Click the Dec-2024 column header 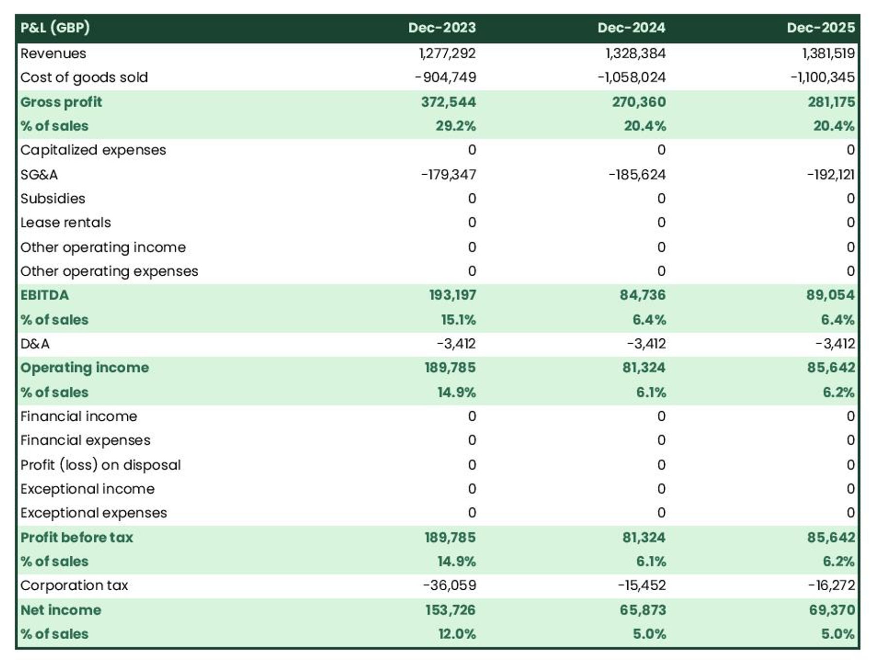click(631, 28)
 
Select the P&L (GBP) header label click(55, 28)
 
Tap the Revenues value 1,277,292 click(447, 53)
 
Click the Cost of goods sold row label click(84, 78)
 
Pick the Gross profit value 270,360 click(639, 102)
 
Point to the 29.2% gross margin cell click(455, 126)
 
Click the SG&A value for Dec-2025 click(830, 175)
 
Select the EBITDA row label click(45, 295)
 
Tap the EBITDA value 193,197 click(452, 295)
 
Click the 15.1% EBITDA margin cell click(458, 320)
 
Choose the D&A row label click(35, 344)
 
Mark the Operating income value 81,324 click(643, 368)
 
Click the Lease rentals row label click(66, 223)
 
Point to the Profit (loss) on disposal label click(101, 465)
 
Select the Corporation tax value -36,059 click(449, 585)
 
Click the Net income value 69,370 click(831, 610)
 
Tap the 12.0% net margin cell click(456, 634)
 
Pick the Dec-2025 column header click(821, 28)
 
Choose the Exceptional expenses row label click(94, 513)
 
